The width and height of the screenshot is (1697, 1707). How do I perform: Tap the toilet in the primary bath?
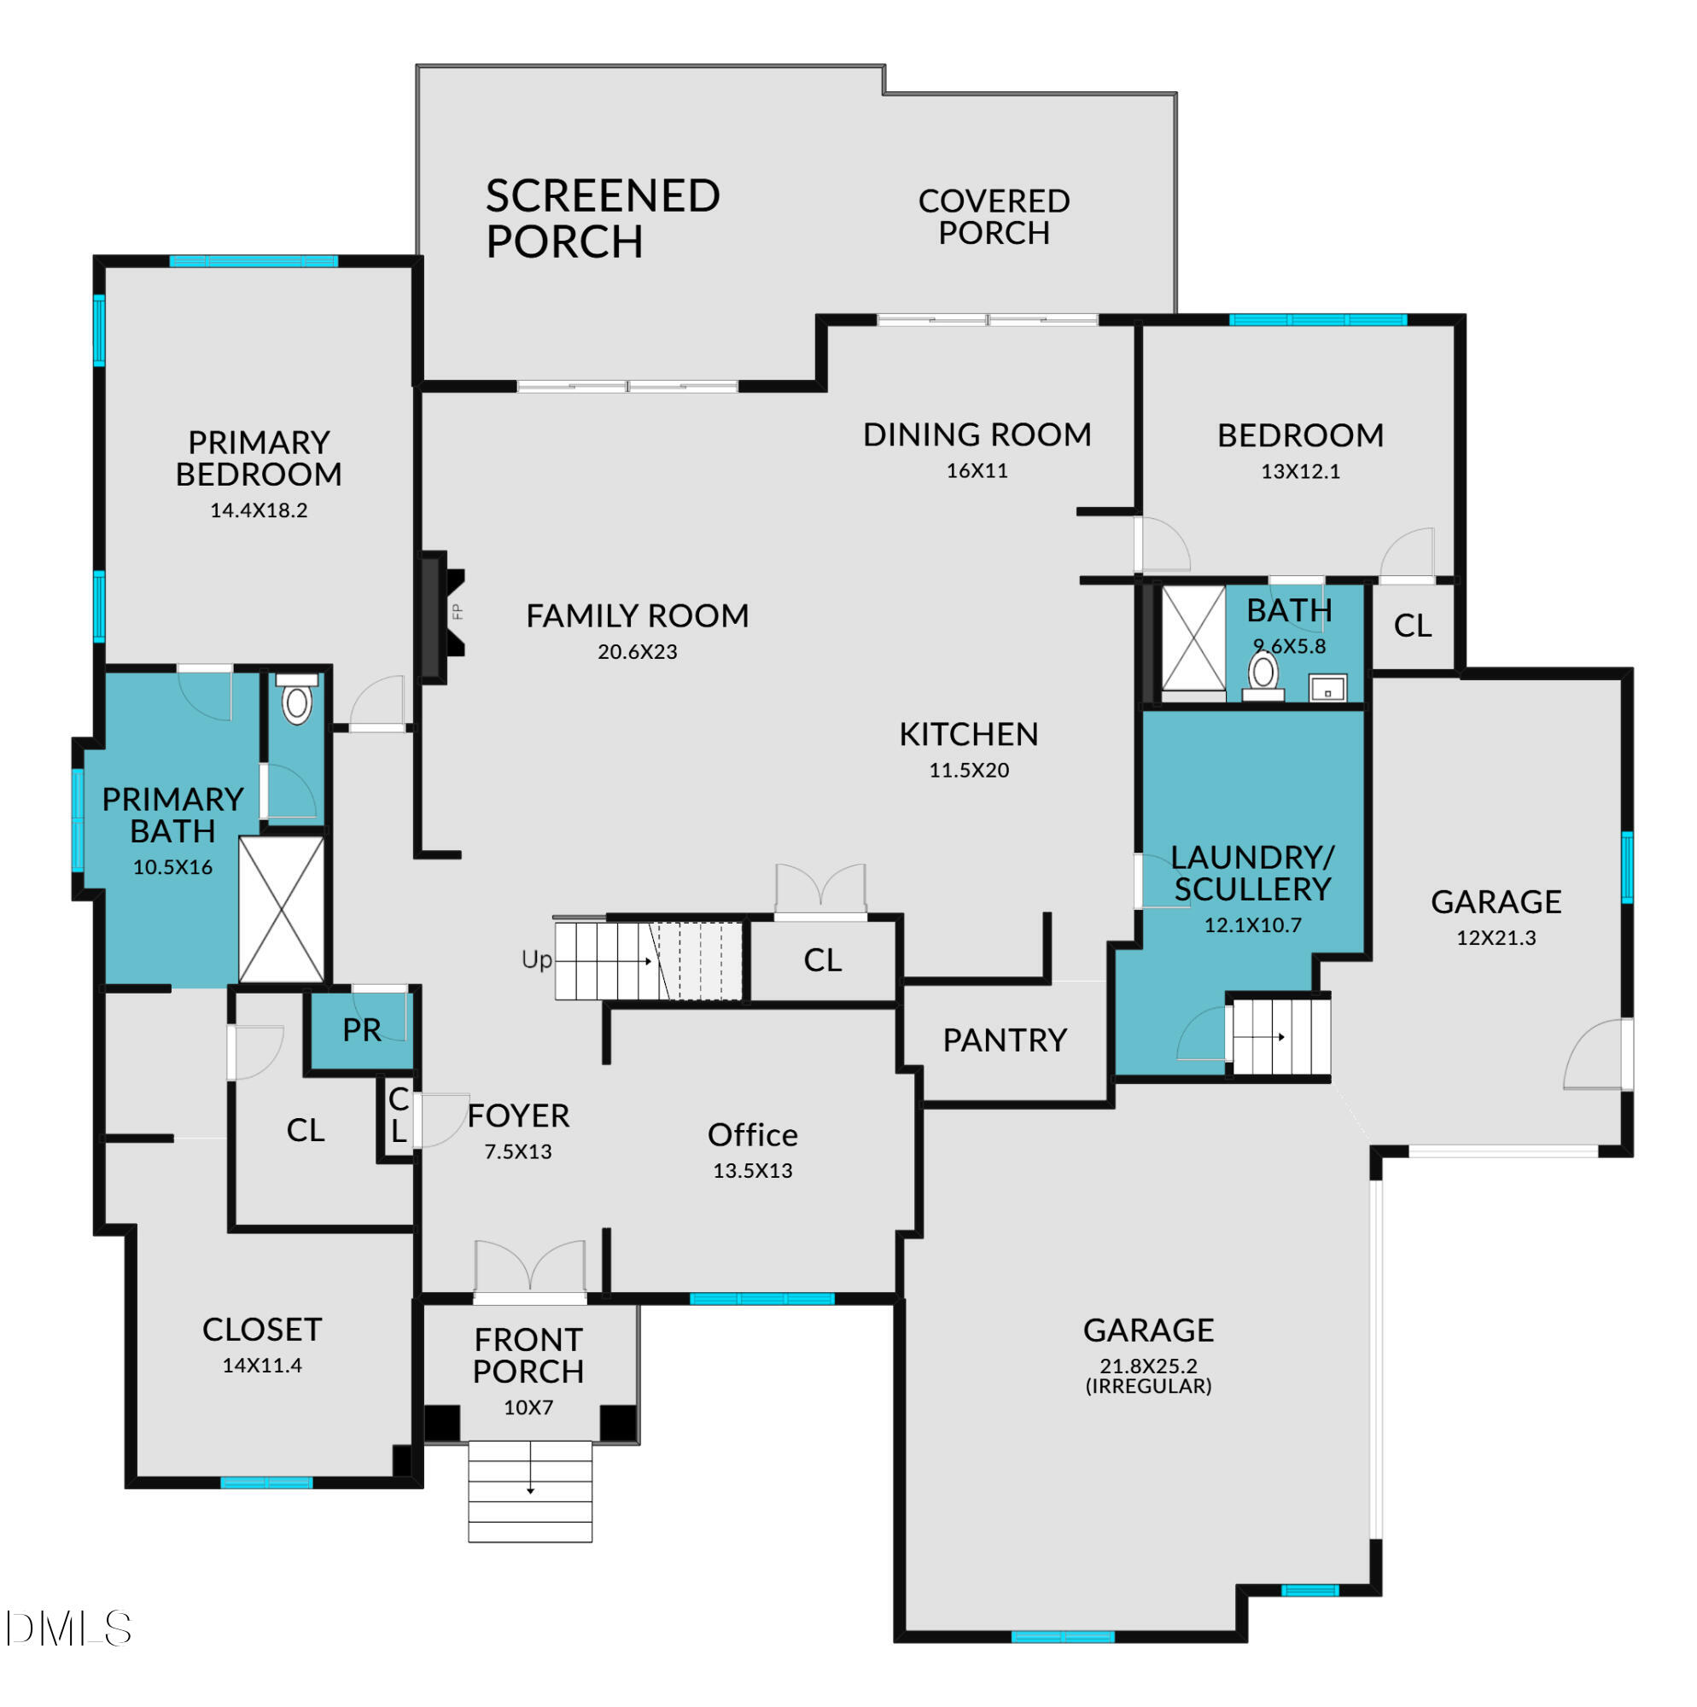click(x=297, y=701)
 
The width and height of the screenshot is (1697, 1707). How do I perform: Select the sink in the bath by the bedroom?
click(x=1327, y=688)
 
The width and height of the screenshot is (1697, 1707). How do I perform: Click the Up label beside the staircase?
click(x=536, y=959)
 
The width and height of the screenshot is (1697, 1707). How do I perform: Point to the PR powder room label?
click(x=361, y=1030)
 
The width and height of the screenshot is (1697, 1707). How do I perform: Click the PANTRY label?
click(x=1004, y=1040)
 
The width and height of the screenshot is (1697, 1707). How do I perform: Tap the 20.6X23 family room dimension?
click(x=638, y=652)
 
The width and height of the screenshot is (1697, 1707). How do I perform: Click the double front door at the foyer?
click(x=529, y=1270)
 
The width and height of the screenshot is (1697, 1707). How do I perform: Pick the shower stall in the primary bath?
click(x=282, y=910)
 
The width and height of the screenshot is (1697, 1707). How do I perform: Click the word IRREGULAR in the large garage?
click(x=1148, y=1386)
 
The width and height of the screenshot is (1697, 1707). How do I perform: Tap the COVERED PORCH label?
click(x=994, y=217)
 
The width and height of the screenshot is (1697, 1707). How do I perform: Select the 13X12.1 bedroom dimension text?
click(x=1300, y=472)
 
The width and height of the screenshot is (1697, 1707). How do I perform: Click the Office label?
click(x=752, y=1135)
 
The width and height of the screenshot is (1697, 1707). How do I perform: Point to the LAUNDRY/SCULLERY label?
click(x=1251, y=873)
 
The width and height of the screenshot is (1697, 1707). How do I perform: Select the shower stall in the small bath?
click(x=1193, y=637)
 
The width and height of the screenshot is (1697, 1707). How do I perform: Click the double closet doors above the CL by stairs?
click(x=820, y=890)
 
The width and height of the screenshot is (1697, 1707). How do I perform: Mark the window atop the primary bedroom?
click(x=254, y=261)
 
